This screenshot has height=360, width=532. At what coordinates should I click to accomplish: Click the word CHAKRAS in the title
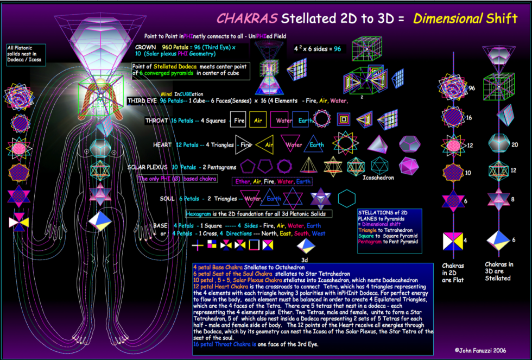(x=247, y=18)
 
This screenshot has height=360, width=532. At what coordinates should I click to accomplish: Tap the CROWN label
(x=145, y=47)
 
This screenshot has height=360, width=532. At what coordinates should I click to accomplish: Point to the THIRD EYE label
(x=143, y=101)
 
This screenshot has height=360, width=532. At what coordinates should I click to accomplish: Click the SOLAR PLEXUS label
(x=147, y=167)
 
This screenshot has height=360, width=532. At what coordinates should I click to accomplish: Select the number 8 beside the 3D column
(x=514, y=200)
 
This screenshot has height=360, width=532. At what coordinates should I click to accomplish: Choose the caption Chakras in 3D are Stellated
(x=498, y=271)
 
